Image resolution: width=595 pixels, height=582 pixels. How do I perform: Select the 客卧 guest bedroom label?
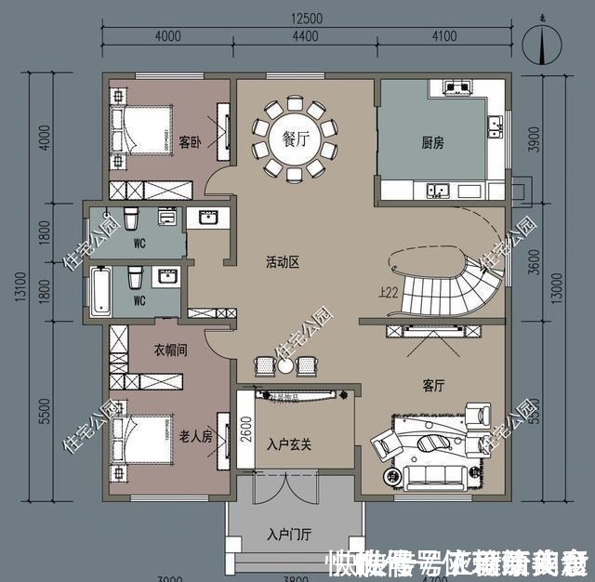point(191,142)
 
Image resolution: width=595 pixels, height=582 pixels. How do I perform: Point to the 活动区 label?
point(281,263)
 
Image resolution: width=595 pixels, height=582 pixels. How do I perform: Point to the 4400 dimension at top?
point(305,37)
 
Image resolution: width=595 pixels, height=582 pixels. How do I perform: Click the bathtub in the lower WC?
point(99,289)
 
